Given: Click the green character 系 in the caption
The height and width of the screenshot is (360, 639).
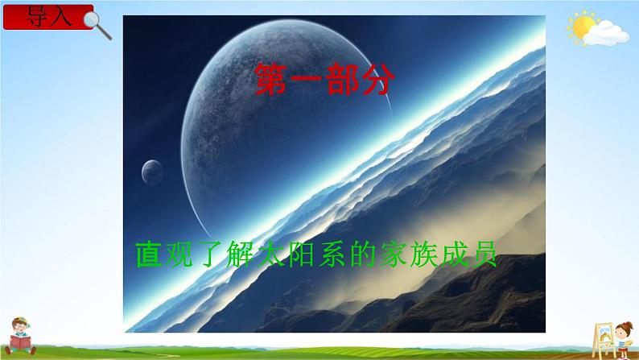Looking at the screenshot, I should pyautogui.click(x=315, y=255).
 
